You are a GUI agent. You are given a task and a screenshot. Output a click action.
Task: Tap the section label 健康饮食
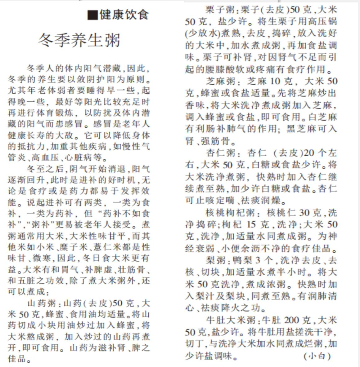tap(124, 15)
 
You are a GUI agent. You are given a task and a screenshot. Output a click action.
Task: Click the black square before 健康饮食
tap(92, 15)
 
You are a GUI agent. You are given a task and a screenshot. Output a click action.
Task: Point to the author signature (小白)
tap(317, 356)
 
